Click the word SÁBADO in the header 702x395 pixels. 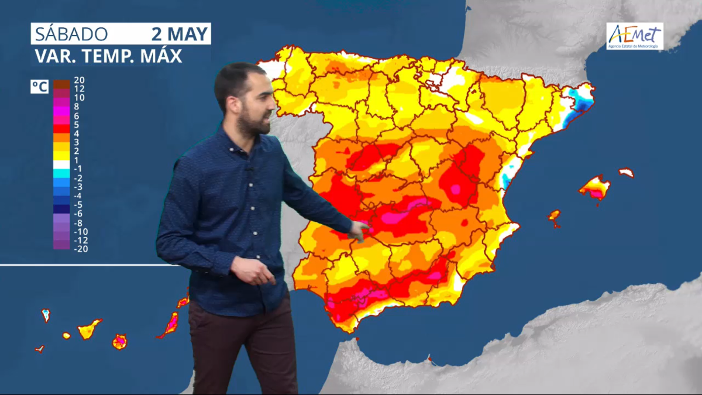pyautogui.click(x=71, y=34)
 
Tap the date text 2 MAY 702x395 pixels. pyautogui.click(x=180, y=34)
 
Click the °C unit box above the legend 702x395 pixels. pyautogui.click(x=39, y=87)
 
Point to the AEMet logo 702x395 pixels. pyautogui.click(x=635, y=36)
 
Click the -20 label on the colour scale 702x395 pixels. pyautogui.click(x=81, y=248)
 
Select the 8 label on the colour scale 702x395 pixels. pyautogui.click(x=77, y=107)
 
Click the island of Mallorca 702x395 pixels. pyautogui.click(x=595, y=187)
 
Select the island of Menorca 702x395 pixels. pyautogui.click(x=626, y=173)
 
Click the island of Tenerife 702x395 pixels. pyautogui.click(x=90, y=329)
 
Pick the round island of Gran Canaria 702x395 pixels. pyautogui.click(x=119, y=341)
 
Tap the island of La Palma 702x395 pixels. pyautogui.click(x=46, y=315)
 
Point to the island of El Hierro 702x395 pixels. pyautogui.click(x=40, y=349)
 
